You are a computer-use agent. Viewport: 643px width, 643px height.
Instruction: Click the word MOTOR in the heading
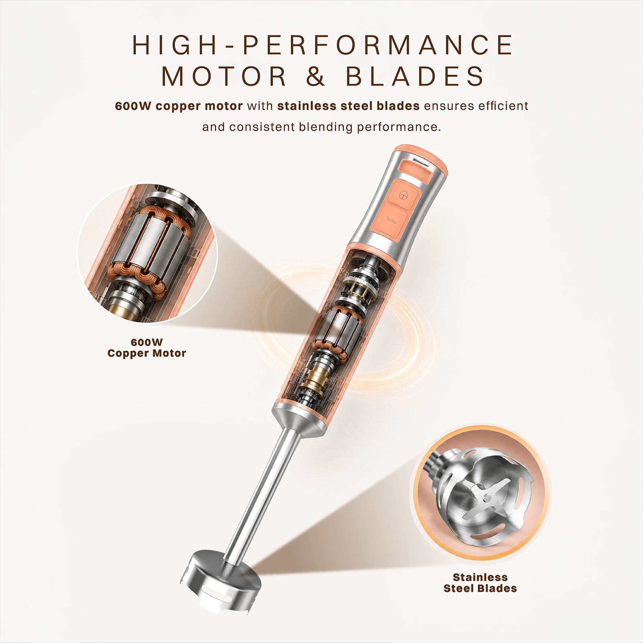click(x=224, y=76)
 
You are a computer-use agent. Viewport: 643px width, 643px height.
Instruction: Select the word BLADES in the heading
click(x=416, y=76)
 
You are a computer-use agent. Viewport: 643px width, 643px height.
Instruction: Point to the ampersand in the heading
click(x=316, y=76)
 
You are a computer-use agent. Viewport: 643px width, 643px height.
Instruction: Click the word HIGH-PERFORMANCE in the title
click(x=323, y=45)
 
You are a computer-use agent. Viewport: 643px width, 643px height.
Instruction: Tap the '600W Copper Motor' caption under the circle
click(x=147, y=348)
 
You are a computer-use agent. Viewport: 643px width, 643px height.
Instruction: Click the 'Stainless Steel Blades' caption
click(x=480, y=583)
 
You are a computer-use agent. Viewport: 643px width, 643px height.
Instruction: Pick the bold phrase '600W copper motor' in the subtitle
click(x=179, y=106)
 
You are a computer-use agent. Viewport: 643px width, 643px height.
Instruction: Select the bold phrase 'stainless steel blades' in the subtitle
click(x=348, y=106)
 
